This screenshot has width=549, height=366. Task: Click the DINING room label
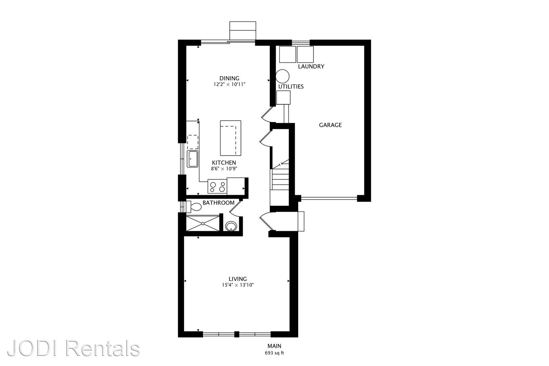click(229, 78)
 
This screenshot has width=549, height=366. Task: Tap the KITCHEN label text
click(224, 163)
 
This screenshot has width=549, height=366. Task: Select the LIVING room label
click(238, 279)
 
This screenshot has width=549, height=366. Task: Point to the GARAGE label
click(330, 125)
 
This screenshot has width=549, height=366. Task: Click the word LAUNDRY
click(311, 66)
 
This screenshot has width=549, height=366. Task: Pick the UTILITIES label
click(291, 86)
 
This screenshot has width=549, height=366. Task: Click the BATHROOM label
click(218, 203)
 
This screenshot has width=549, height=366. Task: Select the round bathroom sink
click(231, 226)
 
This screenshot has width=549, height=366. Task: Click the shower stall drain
click(203, 223)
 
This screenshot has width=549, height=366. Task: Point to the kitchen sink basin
click(192, 159)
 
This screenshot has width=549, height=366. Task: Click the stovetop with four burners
click(217, 186)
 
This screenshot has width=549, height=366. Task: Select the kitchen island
click(230, 138)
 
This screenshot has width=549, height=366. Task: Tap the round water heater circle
click(282, 76)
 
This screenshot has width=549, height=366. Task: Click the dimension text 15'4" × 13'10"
click(238, 285)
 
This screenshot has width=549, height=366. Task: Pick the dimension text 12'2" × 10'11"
click(229, 84)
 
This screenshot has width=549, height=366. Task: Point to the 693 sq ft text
click(274, 353)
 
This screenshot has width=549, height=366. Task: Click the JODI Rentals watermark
click(74, 348)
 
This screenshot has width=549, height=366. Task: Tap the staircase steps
click(279, 179)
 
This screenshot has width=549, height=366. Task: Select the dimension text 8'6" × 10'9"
click(224, 169)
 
